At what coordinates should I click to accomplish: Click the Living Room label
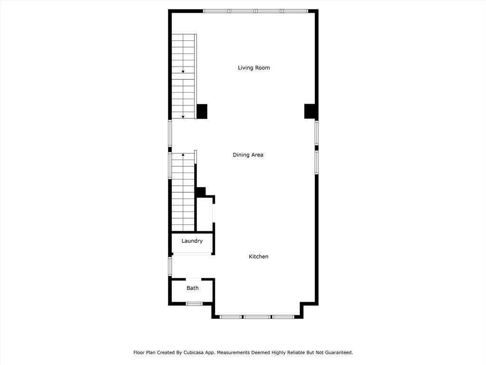[254, 67]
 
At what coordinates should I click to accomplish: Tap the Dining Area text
[248, 155]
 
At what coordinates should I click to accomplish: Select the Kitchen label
[259, 256]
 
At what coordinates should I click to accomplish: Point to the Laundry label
[192, 241]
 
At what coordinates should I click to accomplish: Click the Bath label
[193, 288]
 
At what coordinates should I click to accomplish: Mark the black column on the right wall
[309, 111]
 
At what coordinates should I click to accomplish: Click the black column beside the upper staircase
[202, 111]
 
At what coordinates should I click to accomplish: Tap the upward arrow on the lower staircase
[183, 154]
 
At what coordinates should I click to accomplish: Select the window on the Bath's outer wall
[194, 304]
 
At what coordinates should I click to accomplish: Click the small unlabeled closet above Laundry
[205, 214]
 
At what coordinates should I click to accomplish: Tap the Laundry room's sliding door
[192, 254]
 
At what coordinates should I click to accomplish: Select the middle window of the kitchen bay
[257, 317]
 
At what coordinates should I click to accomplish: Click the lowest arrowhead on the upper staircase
[183, 117]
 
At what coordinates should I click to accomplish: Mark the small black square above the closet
[201, 192]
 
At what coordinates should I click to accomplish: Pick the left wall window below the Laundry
[170, 266]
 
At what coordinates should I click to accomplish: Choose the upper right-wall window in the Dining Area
[317, 133]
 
